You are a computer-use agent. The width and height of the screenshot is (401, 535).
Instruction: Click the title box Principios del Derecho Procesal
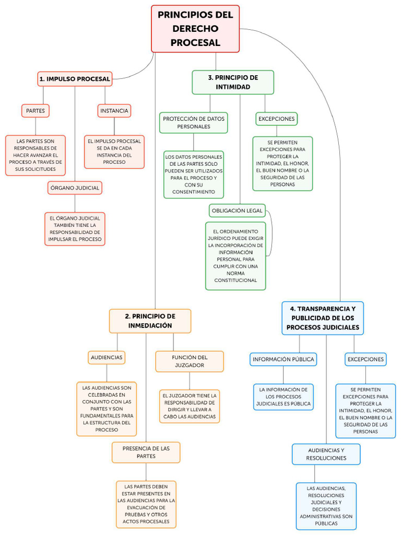[195, 29]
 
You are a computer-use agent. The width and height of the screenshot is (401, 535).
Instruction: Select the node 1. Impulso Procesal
[75, 79]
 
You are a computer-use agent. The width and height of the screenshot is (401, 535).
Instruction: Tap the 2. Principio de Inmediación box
[150, 321]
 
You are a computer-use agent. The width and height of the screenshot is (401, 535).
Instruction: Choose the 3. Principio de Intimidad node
[233, 82]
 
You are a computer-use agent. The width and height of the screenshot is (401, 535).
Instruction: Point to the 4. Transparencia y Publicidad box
[322, 318]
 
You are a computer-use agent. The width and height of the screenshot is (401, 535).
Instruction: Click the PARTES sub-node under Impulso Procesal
[35, 111]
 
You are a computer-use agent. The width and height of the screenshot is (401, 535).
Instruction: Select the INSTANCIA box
[114, 111]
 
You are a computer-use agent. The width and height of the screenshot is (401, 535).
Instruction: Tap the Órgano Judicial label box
[74, 188]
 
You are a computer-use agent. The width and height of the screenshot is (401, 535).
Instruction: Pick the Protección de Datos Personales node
[193, 122]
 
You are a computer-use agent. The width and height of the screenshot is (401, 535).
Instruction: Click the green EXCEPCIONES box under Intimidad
[276, 119]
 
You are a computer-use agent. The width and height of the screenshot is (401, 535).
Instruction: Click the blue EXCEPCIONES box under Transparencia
[365, 359]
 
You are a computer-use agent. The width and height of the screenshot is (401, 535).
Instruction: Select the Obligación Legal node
[237, 211]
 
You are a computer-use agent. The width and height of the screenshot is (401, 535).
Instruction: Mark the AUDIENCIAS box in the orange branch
[107, 357]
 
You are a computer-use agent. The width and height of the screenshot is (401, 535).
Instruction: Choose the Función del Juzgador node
[190, 361]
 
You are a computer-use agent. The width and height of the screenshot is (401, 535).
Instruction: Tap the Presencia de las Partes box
[146, 452]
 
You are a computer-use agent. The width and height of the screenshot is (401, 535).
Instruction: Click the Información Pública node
[283, 359]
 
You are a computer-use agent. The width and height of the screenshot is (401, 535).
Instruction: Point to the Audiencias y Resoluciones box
[326, 454]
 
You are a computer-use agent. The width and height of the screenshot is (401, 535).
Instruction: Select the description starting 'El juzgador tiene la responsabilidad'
[190, 406]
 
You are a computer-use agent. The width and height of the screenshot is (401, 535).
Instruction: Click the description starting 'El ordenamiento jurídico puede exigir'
[235, 255]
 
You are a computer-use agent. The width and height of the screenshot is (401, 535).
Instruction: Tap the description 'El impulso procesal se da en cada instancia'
[114, 152]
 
